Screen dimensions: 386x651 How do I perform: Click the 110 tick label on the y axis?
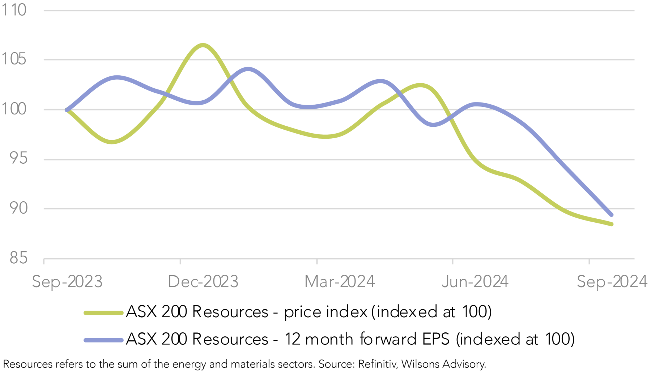tap(14, 10)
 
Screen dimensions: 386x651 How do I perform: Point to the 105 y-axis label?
tap(14, 59)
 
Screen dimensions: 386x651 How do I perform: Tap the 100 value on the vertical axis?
tap(14, 109)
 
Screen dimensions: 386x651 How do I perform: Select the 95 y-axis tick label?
tap(18, 159)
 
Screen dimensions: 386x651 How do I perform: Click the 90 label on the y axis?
tap(18, 208)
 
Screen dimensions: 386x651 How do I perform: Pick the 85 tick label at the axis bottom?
tap(18, 258)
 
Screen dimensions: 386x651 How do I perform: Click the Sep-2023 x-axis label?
tap(67, 282)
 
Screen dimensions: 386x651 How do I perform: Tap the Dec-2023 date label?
tap(203, 282)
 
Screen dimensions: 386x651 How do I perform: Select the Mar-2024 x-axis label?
tap(340, 282)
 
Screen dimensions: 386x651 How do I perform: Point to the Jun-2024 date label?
tap(475, 282)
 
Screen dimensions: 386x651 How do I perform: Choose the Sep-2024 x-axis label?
tap(612, 282)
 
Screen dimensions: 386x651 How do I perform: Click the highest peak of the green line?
tap(203, 45)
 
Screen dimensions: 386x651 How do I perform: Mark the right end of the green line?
tap(612, 224)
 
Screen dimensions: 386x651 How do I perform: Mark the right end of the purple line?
tap(612, 215)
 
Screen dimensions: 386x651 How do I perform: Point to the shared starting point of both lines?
tap(67, 110)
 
